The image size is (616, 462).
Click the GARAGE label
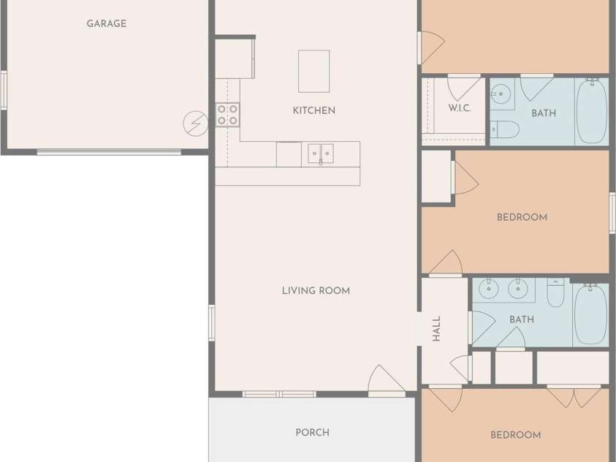(x=107, y=23)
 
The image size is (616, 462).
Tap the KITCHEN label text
(x=314, y=110)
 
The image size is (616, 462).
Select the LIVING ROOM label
(x=316, y=291)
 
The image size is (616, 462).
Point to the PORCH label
(x=312, y=432)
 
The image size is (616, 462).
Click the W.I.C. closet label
(x=460, y=107)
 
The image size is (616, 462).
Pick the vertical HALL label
(x=436, y=328)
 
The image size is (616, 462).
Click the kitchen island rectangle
(x=314, y=71)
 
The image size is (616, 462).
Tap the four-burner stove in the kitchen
(x=227, y=115)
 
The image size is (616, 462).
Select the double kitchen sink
(x=321, y=154)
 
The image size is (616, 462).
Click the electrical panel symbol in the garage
(x=196, y=124)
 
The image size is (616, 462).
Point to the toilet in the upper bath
(x=505, y=129)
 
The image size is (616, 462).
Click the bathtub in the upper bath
(x=593, y=111)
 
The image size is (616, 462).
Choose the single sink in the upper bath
(x=501, y=94)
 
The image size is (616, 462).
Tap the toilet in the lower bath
(x=555, y=292)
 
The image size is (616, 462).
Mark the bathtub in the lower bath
(x=591, y=314)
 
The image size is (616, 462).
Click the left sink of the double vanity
(x=489, y=289)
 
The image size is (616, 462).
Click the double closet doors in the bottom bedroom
(x=574, y=397)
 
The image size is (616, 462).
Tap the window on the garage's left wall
(x=4, y=91)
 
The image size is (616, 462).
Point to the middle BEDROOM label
(x=522, y=217)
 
